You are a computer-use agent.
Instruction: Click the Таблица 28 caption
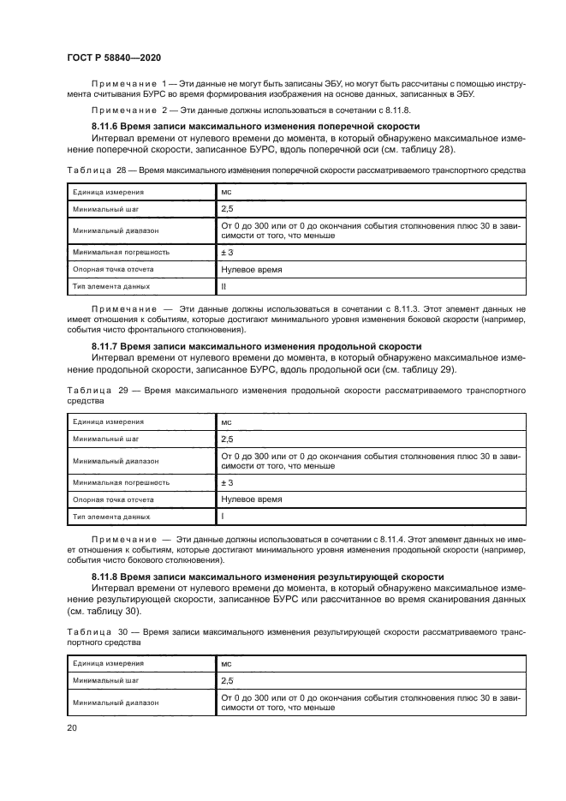(295, 170)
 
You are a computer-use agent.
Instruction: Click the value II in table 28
(223, 285)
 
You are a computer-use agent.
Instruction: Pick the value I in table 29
(223, 517)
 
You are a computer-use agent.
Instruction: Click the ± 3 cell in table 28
(227, 252)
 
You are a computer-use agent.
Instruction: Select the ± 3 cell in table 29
(227, 482)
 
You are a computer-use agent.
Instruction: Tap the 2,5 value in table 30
(227, 679)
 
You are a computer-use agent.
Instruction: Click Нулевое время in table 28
(252, 268)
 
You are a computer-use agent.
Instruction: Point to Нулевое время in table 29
(252, 499)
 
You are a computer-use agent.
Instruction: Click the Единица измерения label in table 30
(108, 663)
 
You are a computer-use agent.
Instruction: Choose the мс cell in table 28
(226, 193)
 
